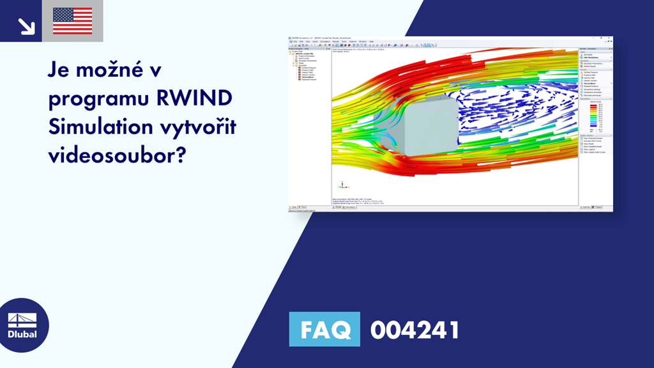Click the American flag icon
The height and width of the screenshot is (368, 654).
[73, 21]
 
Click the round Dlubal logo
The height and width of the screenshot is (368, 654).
[24, 325]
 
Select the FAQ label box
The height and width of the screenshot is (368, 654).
[324, 329]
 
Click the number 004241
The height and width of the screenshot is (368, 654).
[414, 330]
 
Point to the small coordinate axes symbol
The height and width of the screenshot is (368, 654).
[341, 185]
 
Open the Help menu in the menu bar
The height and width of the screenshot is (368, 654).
[372, 42]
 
